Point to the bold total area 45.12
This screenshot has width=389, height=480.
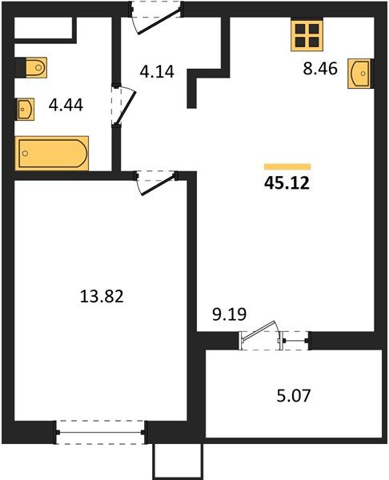[x=286, y=183]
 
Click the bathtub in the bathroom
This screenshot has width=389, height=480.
[x=52, y=152]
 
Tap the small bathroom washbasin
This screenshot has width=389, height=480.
[x=25, y=107]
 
